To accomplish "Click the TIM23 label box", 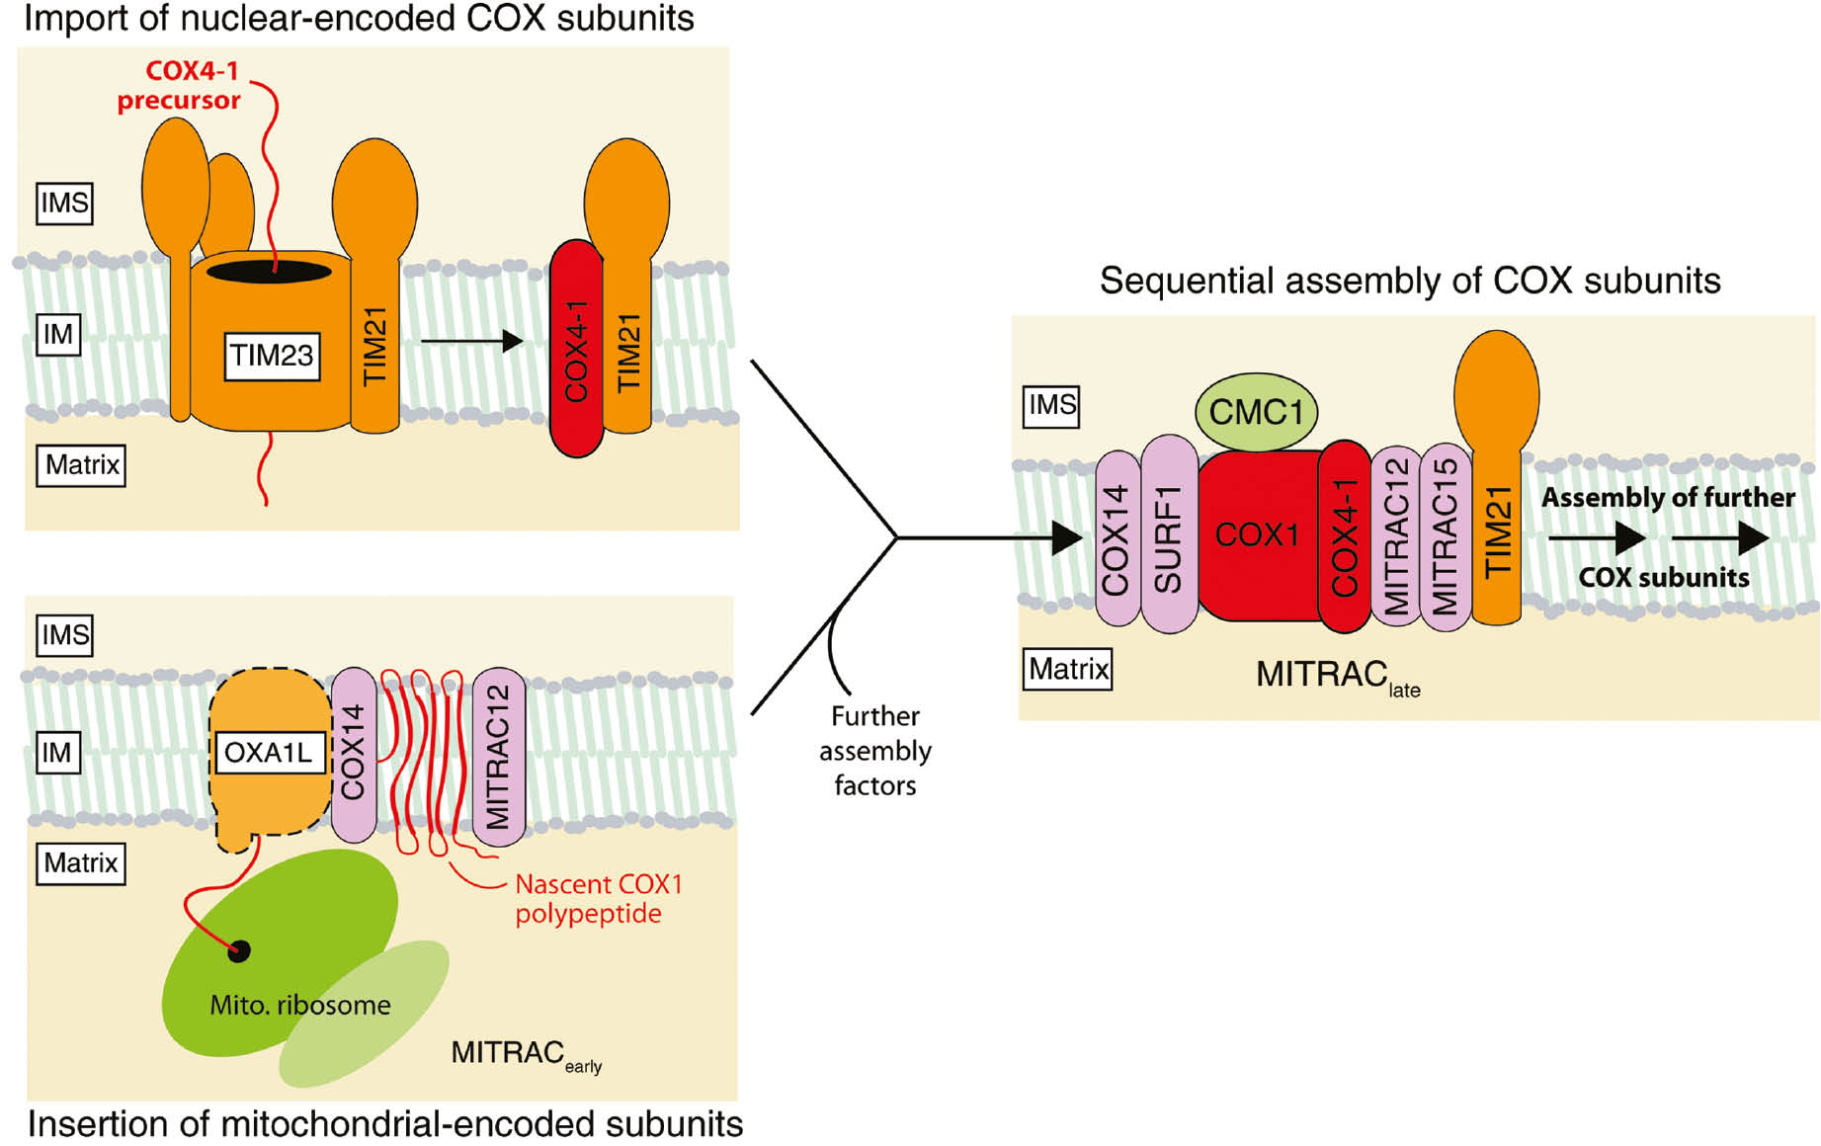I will (x=272, y=356).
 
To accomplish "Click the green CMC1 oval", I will (x=1256, y=412).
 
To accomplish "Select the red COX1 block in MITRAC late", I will (x=1256, y=534).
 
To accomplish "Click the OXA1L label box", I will (x=268, y=753).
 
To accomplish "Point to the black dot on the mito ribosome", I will (x=239, y=950).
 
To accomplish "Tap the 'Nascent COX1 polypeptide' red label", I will (x=597, y=898).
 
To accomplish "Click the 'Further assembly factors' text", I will (x=874, y=751).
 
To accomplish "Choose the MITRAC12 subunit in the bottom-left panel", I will (x=498, y=757).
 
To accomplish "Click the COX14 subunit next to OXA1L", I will (x=353, y=755).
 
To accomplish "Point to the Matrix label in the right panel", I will (x=1067, y=669).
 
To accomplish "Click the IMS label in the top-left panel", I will (x=64, y=204).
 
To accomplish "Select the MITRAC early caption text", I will (x=525, y=1055).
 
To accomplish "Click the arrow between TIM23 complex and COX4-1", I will (x=471, y=342).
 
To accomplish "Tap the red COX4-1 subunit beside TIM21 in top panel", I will (x=576, y=350).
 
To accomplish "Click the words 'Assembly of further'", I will (x=1668, y=498).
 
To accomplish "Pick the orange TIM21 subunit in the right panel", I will (x=1497, y=524).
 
